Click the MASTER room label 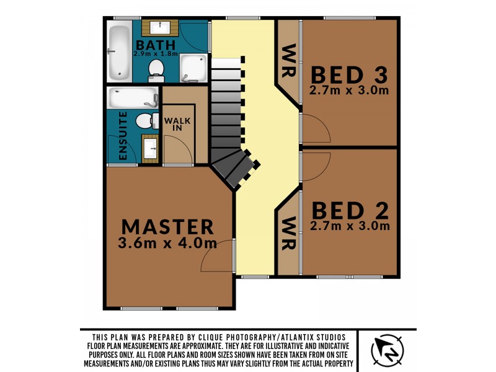pos(167,226)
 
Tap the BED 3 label pos(349,74)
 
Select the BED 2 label pos(350,210)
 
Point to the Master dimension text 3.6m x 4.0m pos(167,243)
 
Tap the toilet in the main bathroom pos(156,70)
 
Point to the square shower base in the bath pos(195,68)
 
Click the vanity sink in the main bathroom pos(161,27)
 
